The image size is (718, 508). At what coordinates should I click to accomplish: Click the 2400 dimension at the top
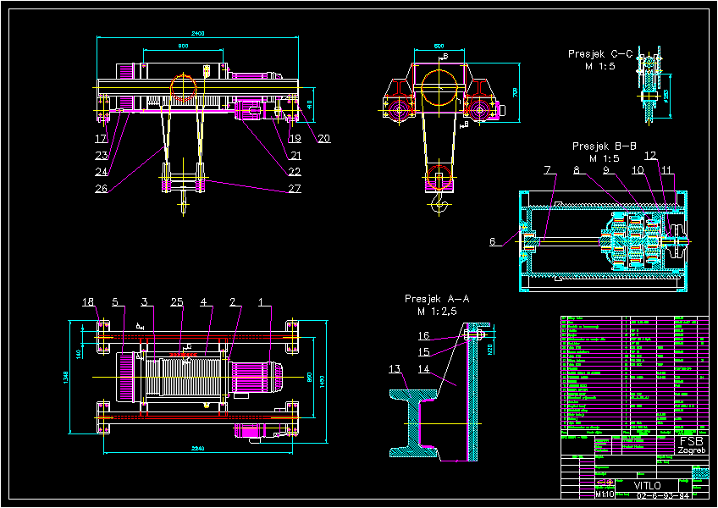point(197,33)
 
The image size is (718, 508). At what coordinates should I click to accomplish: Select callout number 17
point(101,138)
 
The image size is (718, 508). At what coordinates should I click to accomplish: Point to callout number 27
point(295,189)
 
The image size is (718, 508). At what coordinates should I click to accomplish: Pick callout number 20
point(323,139)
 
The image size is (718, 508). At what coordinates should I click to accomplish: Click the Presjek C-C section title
point(600,54)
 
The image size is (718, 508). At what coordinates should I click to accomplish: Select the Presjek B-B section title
point(605,146)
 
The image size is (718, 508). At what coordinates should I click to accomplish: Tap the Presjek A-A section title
point(436,299)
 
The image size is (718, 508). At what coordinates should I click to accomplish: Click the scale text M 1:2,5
point(437,312)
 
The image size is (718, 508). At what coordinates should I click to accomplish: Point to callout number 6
point(494,241)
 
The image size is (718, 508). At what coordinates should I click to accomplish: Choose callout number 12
point(650,156)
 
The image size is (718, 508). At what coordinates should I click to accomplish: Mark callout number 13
point(395,368)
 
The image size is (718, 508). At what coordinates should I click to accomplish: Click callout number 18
point(88,301)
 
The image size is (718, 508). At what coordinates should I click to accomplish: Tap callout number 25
point(176,301)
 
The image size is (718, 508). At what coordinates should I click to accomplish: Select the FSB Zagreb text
point(692,445)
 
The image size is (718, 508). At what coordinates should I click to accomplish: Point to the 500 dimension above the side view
point(439,45)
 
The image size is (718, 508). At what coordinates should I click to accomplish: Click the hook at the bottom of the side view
point(438,204)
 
